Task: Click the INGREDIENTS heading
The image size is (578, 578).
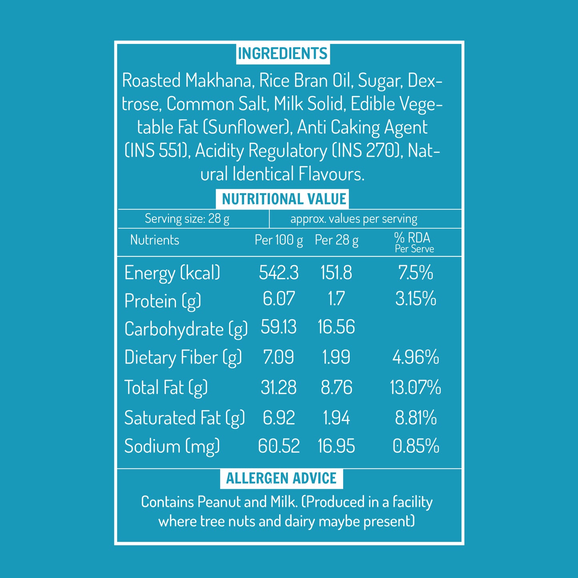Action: pos(283,54)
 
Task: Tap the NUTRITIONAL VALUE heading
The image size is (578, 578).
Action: pos(284,199)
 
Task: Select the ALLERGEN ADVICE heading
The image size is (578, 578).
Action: pos(281,478)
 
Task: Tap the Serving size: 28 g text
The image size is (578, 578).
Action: pos(187,219)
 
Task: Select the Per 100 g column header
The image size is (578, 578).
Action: pos(279,240)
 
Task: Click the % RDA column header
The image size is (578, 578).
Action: pos(412,238)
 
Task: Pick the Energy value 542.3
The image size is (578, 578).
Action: pos(279,273)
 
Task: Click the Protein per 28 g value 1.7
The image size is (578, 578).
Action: pos(336,299)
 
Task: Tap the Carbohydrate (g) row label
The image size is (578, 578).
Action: pos(186,329)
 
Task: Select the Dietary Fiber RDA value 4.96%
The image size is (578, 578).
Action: pos(416,357)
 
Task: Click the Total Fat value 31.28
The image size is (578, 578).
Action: pos(279,388)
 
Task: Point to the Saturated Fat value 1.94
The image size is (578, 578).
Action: pos(336,418)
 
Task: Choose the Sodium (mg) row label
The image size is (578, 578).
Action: pos(172,446)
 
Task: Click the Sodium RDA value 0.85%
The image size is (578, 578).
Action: pos(416,446)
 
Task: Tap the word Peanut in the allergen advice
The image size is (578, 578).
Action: pos(219,502)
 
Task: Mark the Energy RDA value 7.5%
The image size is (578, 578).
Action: pos(416,273)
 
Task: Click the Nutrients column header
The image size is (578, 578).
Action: pos(155,240)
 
